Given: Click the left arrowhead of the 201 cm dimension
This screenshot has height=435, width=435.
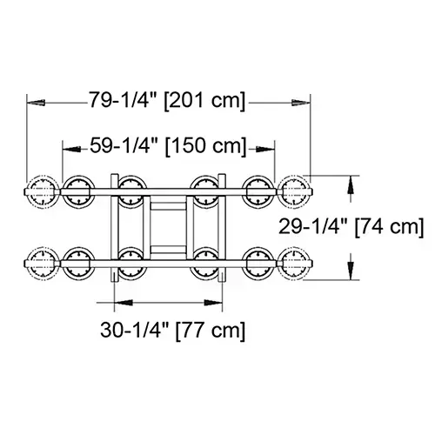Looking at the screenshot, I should [33, 101].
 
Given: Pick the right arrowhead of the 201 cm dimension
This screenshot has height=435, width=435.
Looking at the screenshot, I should [305, 101].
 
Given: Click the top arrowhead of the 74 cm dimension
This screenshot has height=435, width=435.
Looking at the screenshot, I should [351, 180].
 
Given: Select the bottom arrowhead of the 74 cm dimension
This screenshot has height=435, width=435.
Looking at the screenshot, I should [351, 277].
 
